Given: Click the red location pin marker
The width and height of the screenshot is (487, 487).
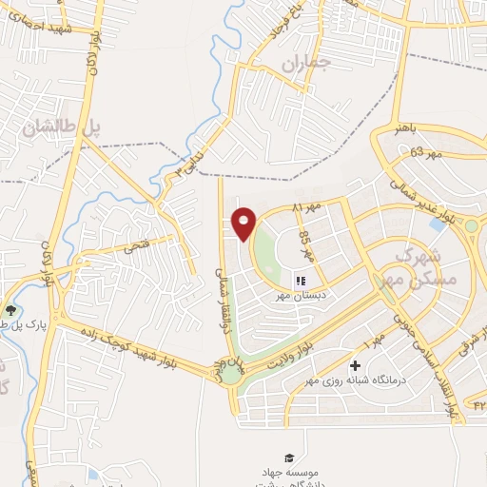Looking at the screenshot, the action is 244,224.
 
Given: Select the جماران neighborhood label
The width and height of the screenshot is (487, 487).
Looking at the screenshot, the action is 302,64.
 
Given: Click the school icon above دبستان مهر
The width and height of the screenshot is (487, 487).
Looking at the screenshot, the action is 301,282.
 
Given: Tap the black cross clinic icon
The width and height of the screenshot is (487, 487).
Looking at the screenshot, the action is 356,365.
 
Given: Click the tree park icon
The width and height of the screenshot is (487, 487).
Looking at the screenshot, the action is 10,310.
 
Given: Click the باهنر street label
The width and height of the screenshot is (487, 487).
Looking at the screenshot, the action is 407,128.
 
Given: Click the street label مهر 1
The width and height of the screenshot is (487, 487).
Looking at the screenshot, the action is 372,341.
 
